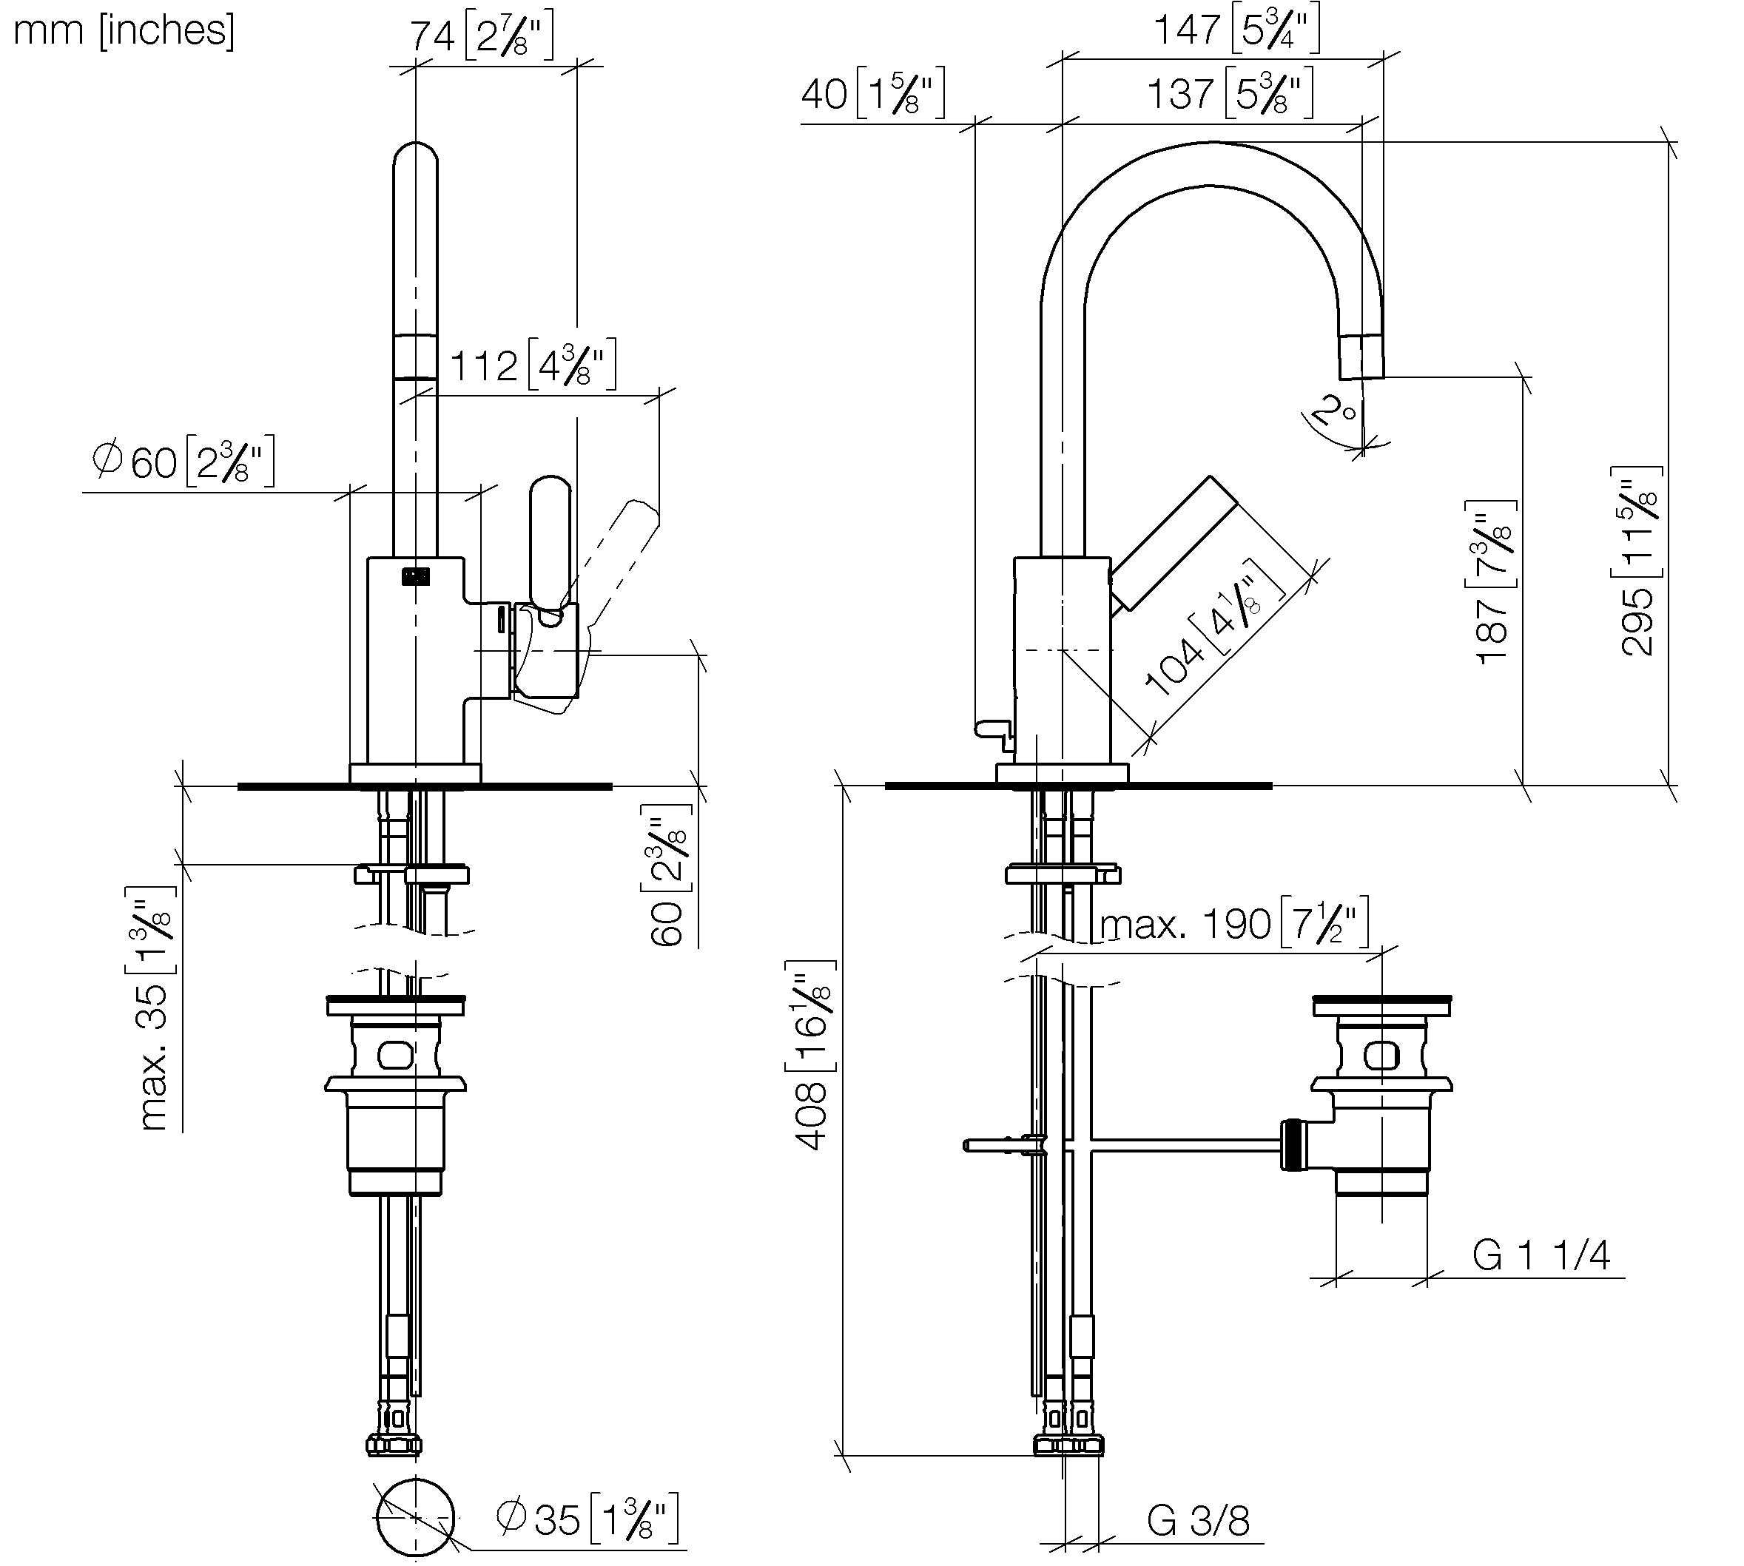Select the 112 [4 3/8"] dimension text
(x=533, y=365)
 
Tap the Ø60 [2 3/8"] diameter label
(x=184, y=462)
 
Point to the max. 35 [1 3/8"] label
(x=152, y=1008)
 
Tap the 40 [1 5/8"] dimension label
(x=873, y=93)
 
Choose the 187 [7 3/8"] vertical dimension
(x=1495, y=581)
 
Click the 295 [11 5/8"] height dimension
(x=1637, y=561)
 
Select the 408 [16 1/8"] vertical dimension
(x=810, y=1055)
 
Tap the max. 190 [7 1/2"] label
(x=1234, y=924)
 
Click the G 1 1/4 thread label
(x=1541, y=1255)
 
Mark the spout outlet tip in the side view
(x=1361, y=377)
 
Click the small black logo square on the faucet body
(x=415, y=576)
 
